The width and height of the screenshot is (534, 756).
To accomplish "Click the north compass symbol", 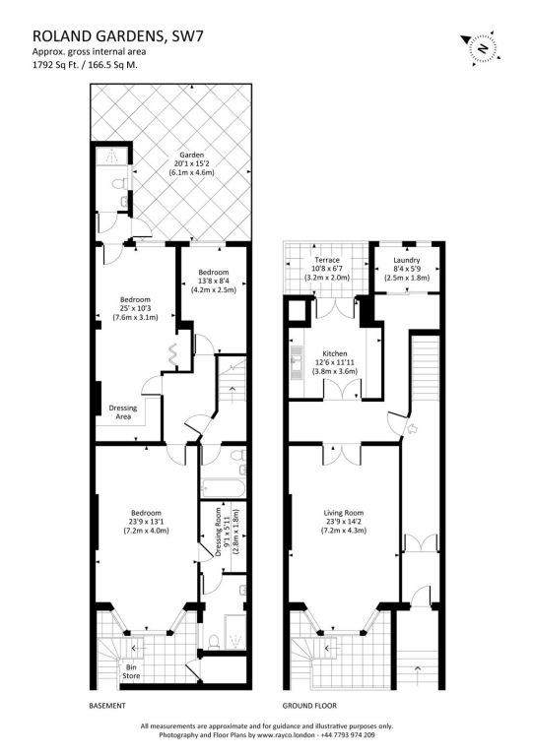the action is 480,47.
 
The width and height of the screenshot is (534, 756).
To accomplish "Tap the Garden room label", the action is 192,155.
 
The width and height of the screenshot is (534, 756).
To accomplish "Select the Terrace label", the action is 327,260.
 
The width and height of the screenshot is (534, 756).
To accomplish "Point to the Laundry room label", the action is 407,260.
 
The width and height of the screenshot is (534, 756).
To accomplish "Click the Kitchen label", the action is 335,354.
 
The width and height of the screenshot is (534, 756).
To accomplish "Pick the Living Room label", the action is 344,513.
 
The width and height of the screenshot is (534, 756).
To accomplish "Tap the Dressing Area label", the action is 123,412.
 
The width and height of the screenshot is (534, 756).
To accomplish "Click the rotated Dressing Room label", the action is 219,532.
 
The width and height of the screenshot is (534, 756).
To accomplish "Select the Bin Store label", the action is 131,671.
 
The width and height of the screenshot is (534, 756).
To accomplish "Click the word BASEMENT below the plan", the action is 107,706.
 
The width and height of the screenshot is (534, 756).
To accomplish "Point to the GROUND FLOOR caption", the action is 309,706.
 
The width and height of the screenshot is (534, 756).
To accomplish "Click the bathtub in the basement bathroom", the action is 224,489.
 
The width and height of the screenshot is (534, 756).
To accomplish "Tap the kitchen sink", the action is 296,360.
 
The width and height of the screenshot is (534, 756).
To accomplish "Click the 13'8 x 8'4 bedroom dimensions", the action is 214,282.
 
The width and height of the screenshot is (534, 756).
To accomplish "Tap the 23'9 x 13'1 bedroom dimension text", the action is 146,522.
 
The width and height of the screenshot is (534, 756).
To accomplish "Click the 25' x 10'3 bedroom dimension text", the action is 135,308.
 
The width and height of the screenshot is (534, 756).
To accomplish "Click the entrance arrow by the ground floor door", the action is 414,428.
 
